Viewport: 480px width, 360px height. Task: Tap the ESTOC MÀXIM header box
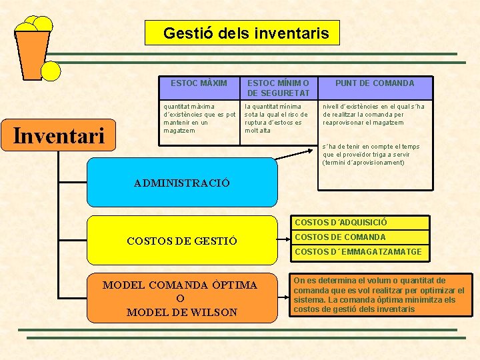[x=199, y=83]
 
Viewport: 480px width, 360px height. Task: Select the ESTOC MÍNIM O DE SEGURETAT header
[x=278, y=88]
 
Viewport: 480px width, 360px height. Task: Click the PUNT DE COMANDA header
[x=374, y=83]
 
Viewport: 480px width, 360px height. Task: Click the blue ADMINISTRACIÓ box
[x=181, y=182]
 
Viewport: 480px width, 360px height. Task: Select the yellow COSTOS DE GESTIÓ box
[x=181, y=241]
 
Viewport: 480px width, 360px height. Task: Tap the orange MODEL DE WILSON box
[x=181, y=298]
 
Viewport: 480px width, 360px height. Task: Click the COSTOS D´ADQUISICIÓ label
[x=341, y=223]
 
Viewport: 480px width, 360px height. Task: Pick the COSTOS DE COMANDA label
[x=340, y=237]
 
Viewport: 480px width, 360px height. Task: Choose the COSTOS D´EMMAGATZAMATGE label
[x=358, y=252]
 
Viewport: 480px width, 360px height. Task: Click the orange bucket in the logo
[x=32, y=53]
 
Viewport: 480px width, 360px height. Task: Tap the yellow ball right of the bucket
[x=51, y=71]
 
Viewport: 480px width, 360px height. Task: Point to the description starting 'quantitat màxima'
[x=199, y=119]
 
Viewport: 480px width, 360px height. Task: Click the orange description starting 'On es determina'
[x=379, y=295]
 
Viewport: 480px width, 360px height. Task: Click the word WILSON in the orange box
[x=211, y=312]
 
